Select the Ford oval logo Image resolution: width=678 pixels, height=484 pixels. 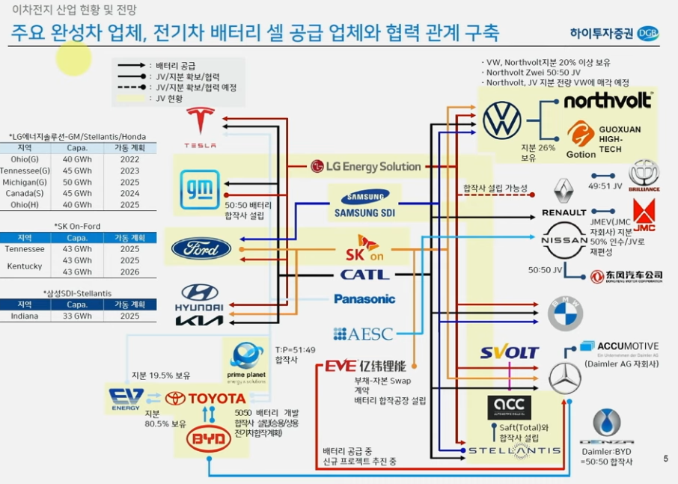[201, 248]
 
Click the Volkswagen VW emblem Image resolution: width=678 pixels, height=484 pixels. [501, 120]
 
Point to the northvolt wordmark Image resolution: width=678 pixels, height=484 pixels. [608, 100]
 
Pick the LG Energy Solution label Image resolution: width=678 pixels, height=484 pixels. [365, 166]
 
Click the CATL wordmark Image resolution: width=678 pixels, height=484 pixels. [365, 275]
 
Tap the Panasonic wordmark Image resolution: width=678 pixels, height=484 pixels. [364, 299]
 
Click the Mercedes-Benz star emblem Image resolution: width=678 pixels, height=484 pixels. [565, 378]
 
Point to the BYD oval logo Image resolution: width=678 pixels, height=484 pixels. [208, 440]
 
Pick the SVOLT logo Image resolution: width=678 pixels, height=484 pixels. [510, 352]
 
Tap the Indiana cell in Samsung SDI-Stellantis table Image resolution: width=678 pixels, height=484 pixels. [25, 316]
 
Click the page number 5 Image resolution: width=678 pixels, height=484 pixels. [665, 459]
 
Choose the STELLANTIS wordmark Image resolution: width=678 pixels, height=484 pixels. [514, 450]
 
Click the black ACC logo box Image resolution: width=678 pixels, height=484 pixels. [509, 408]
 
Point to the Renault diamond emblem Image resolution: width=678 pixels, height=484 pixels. [563, 191]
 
